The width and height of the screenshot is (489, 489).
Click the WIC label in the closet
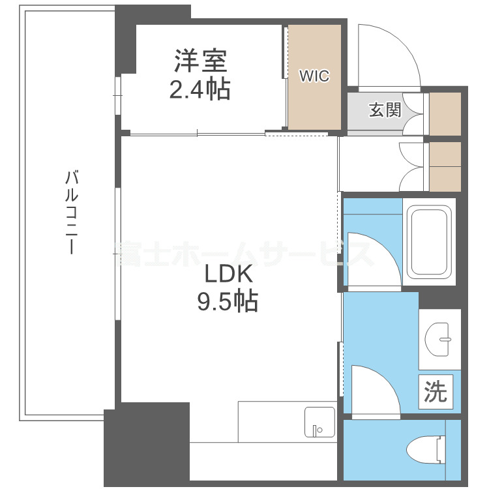click(314, 76)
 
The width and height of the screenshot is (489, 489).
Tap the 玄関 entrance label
click(385, 110)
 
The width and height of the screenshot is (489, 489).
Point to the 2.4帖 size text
click(200, 89)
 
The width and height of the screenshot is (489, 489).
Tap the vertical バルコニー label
click(72, 213)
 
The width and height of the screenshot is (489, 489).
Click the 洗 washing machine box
click(436, 391)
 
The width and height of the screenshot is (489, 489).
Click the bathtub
click(429, 242)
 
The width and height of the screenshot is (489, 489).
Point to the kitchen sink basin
click(319, 424)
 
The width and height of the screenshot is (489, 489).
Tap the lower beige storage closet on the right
click(445, 166)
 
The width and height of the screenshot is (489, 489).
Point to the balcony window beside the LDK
click(117, 254)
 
